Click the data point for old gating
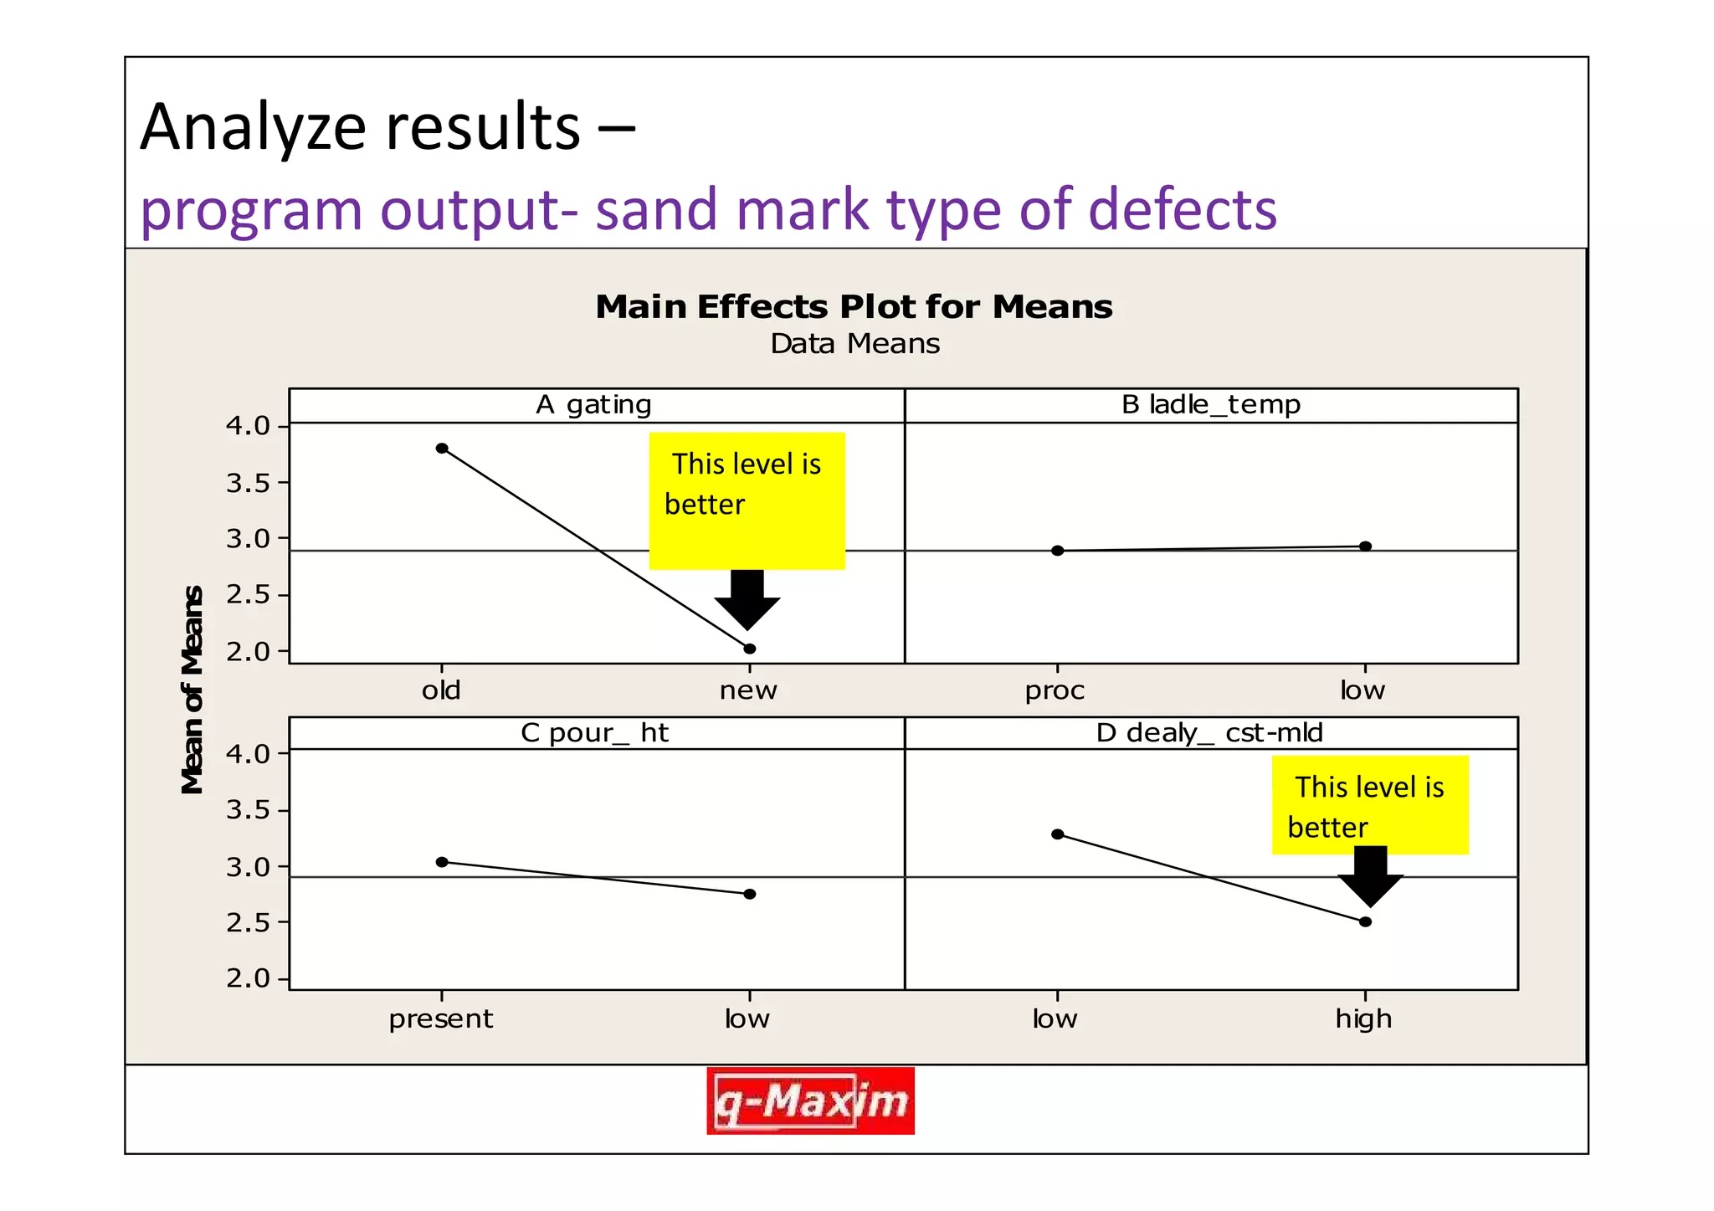442,449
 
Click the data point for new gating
750,649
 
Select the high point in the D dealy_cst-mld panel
1365,921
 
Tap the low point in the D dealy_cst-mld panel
1058,834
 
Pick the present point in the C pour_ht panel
442,862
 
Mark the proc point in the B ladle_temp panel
1058,551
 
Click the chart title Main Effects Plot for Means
854,307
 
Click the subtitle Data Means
854,344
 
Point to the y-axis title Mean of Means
193,690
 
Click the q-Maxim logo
810,1101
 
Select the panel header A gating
593,405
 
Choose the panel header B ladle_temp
1211,405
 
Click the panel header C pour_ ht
594,733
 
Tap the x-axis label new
748,691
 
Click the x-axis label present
441,1019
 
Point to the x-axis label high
1363,1019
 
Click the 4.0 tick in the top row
248,426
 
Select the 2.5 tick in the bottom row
248,923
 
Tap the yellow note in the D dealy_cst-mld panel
1370,805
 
